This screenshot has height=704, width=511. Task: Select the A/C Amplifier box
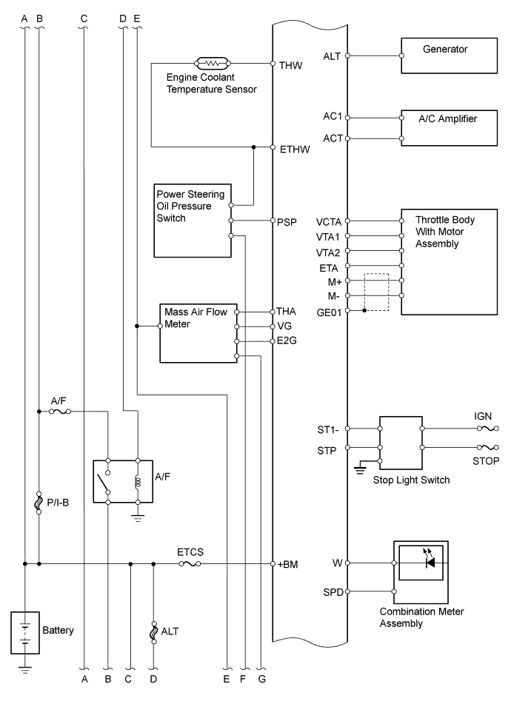click(449, 127)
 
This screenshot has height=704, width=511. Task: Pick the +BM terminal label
click(287, 564)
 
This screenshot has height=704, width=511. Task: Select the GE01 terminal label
click(330, 312)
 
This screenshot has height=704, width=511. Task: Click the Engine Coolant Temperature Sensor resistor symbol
click(213, 64)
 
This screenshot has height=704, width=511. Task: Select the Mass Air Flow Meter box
click(198, 332)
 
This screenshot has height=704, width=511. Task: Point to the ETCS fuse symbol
click(190, 564)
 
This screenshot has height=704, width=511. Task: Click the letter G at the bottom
click(261, 678)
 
